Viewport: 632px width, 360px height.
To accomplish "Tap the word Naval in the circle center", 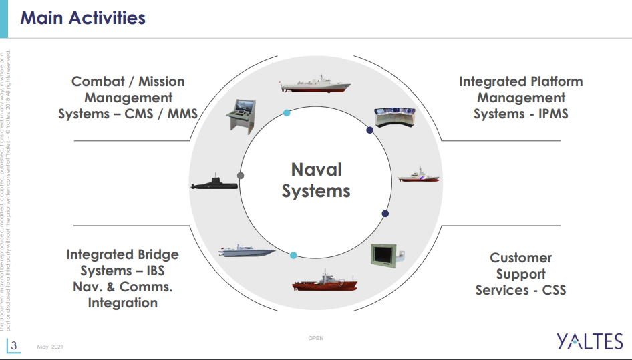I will point(316,170).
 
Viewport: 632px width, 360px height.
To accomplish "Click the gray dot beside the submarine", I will point(241,176).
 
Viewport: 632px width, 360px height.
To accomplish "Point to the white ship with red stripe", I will point(419,176).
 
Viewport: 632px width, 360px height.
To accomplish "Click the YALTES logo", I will point(590,341).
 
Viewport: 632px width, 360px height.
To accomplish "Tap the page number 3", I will point(13,345).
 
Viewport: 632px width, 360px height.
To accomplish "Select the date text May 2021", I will point(50,347).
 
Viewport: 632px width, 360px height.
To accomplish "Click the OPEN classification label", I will point(316,338).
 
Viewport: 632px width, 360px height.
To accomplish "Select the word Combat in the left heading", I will point(98,82).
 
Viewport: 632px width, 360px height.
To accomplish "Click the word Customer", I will point(521,258).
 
